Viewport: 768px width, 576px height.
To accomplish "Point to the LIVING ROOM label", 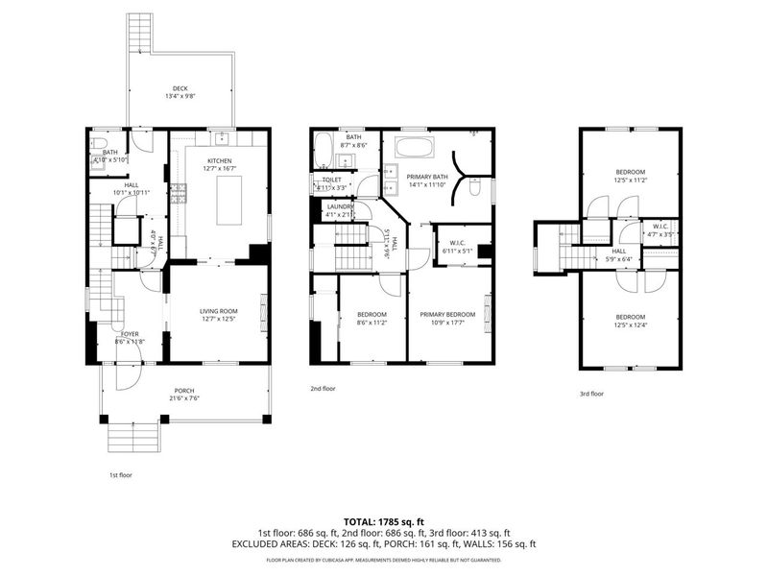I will pos(218,310).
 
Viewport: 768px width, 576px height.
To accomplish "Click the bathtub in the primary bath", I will pos(414,149).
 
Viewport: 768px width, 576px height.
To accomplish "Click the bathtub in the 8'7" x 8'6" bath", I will pos(324,151).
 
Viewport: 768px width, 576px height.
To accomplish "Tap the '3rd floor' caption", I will pos(591,393).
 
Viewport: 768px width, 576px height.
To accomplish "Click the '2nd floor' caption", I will pos(323,389).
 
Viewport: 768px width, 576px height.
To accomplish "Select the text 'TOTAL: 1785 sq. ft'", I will pos(384,519).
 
